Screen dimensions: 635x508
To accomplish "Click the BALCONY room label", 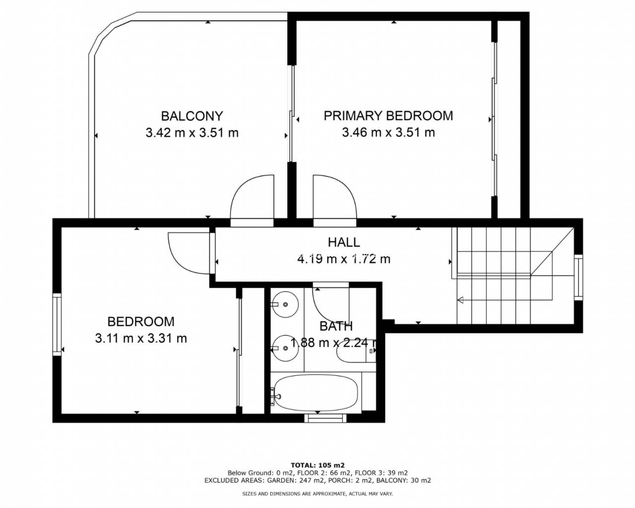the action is pyautogui.click(x=192, y=116).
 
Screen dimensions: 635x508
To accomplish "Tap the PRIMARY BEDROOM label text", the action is pyautogui.click(x=388, y=116).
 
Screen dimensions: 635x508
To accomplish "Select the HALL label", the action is pyautogui.click(x=344, y=242).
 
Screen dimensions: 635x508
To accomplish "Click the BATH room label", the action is pyautogui.click(x=336, y=326).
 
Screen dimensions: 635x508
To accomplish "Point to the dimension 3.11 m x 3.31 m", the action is pyautogui.click(x=141, y=338).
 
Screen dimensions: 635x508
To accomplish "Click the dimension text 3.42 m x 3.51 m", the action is pyautogui.click(x=192, y=133).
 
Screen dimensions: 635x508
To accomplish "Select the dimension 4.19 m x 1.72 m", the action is pyautogui.click(x=344, y=259).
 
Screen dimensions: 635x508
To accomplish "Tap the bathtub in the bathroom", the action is pyautogui.click(x=316, y=392).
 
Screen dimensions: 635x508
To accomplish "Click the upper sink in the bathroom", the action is pyautogui.click(x=285, y=304).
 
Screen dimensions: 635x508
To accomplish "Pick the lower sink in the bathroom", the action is pyautogui.click(x=285, y=348).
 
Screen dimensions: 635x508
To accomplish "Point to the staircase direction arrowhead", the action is pyautogui.click(x=460, y=300).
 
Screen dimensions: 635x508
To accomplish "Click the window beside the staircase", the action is pyautogui.click(x=578, y=277).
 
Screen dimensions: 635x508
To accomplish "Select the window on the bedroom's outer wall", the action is pyautogui.click(x=57, y=324).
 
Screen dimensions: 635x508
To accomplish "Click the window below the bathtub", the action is pyautogui.click(x=325, y=418).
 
